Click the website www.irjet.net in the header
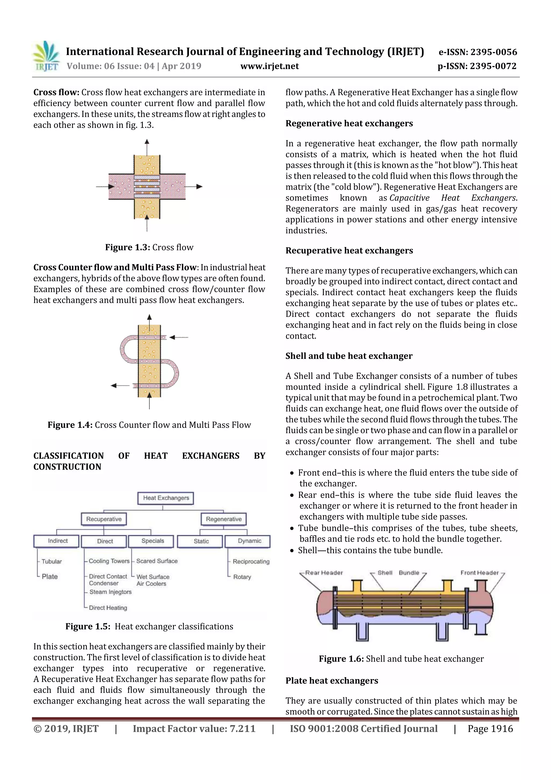click(270, 66)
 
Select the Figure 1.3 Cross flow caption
click(149, 247)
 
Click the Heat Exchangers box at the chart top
click(166, 498)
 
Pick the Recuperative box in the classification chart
click(104, 519)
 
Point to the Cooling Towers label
click(109, 561)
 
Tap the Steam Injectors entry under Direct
click(110, 592)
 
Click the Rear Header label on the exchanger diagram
click(324, 573)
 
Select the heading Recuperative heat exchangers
click(349, 251)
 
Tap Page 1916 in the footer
click(490, 729)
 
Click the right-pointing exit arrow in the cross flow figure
click(199, 187)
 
